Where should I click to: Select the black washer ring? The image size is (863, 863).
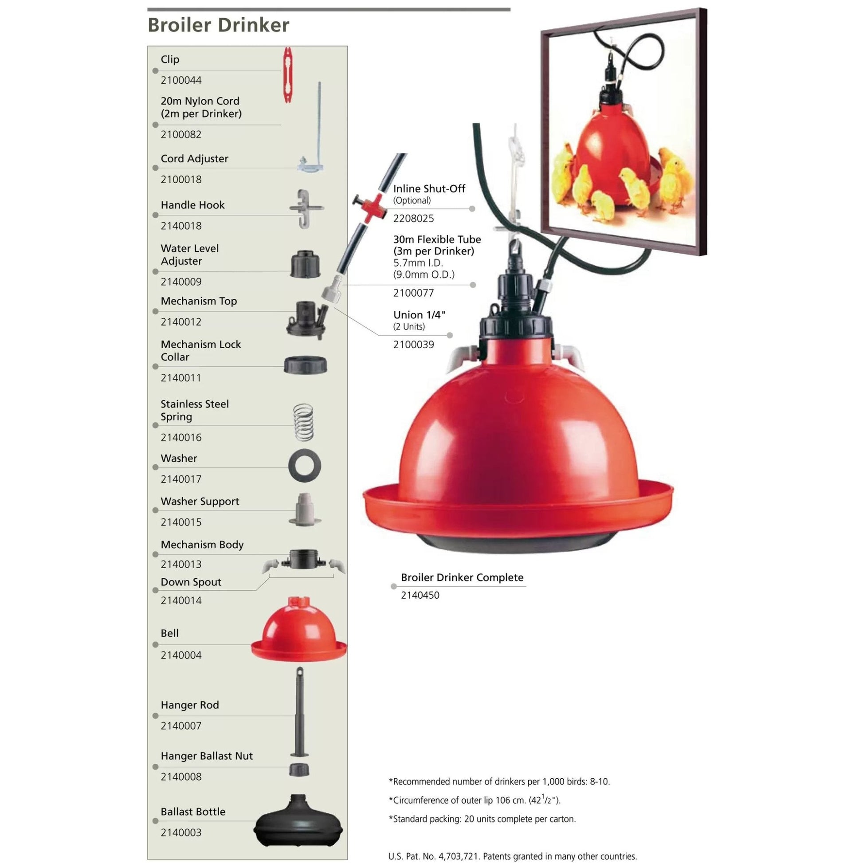point(305,466)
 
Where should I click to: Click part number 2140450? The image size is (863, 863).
point(420,596)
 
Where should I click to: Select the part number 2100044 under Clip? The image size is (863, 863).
point(181,80)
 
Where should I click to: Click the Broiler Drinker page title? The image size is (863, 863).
point(218,25)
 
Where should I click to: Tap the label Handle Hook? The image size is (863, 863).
point(192,205)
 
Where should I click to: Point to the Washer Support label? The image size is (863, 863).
point(200,501)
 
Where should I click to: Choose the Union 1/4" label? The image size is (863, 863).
point(419,315)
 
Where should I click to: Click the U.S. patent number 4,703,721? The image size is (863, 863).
point(456,856)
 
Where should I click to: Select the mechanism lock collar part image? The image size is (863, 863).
point(305,365)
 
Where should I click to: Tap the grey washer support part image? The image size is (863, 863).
point(305,510)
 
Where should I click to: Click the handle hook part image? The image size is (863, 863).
point(305,208)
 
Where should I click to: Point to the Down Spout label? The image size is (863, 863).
point(191,582)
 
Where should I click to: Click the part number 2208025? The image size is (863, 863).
point(413,219)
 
